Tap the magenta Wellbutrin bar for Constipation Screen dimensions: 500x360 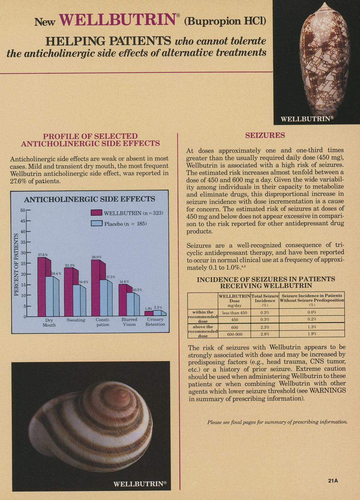coord(96,286)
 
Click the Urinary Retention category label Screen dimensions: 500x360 coord(155,322)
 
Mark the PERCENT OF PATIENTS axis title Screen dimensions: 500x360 coord(16,264)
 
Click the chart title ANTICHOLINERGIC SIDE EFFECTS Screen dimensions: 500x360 coord(89,199)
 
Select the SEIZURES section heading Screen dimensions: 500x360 coord(265,136)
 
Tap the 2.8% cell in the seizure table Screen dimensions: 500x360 coord(265,334)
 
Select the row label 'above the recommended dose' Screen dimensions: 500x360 coord(203,331)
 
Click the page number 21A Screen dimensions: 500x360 coord(333,481)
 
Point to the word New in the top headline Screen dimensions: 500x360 coord(45,22)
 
